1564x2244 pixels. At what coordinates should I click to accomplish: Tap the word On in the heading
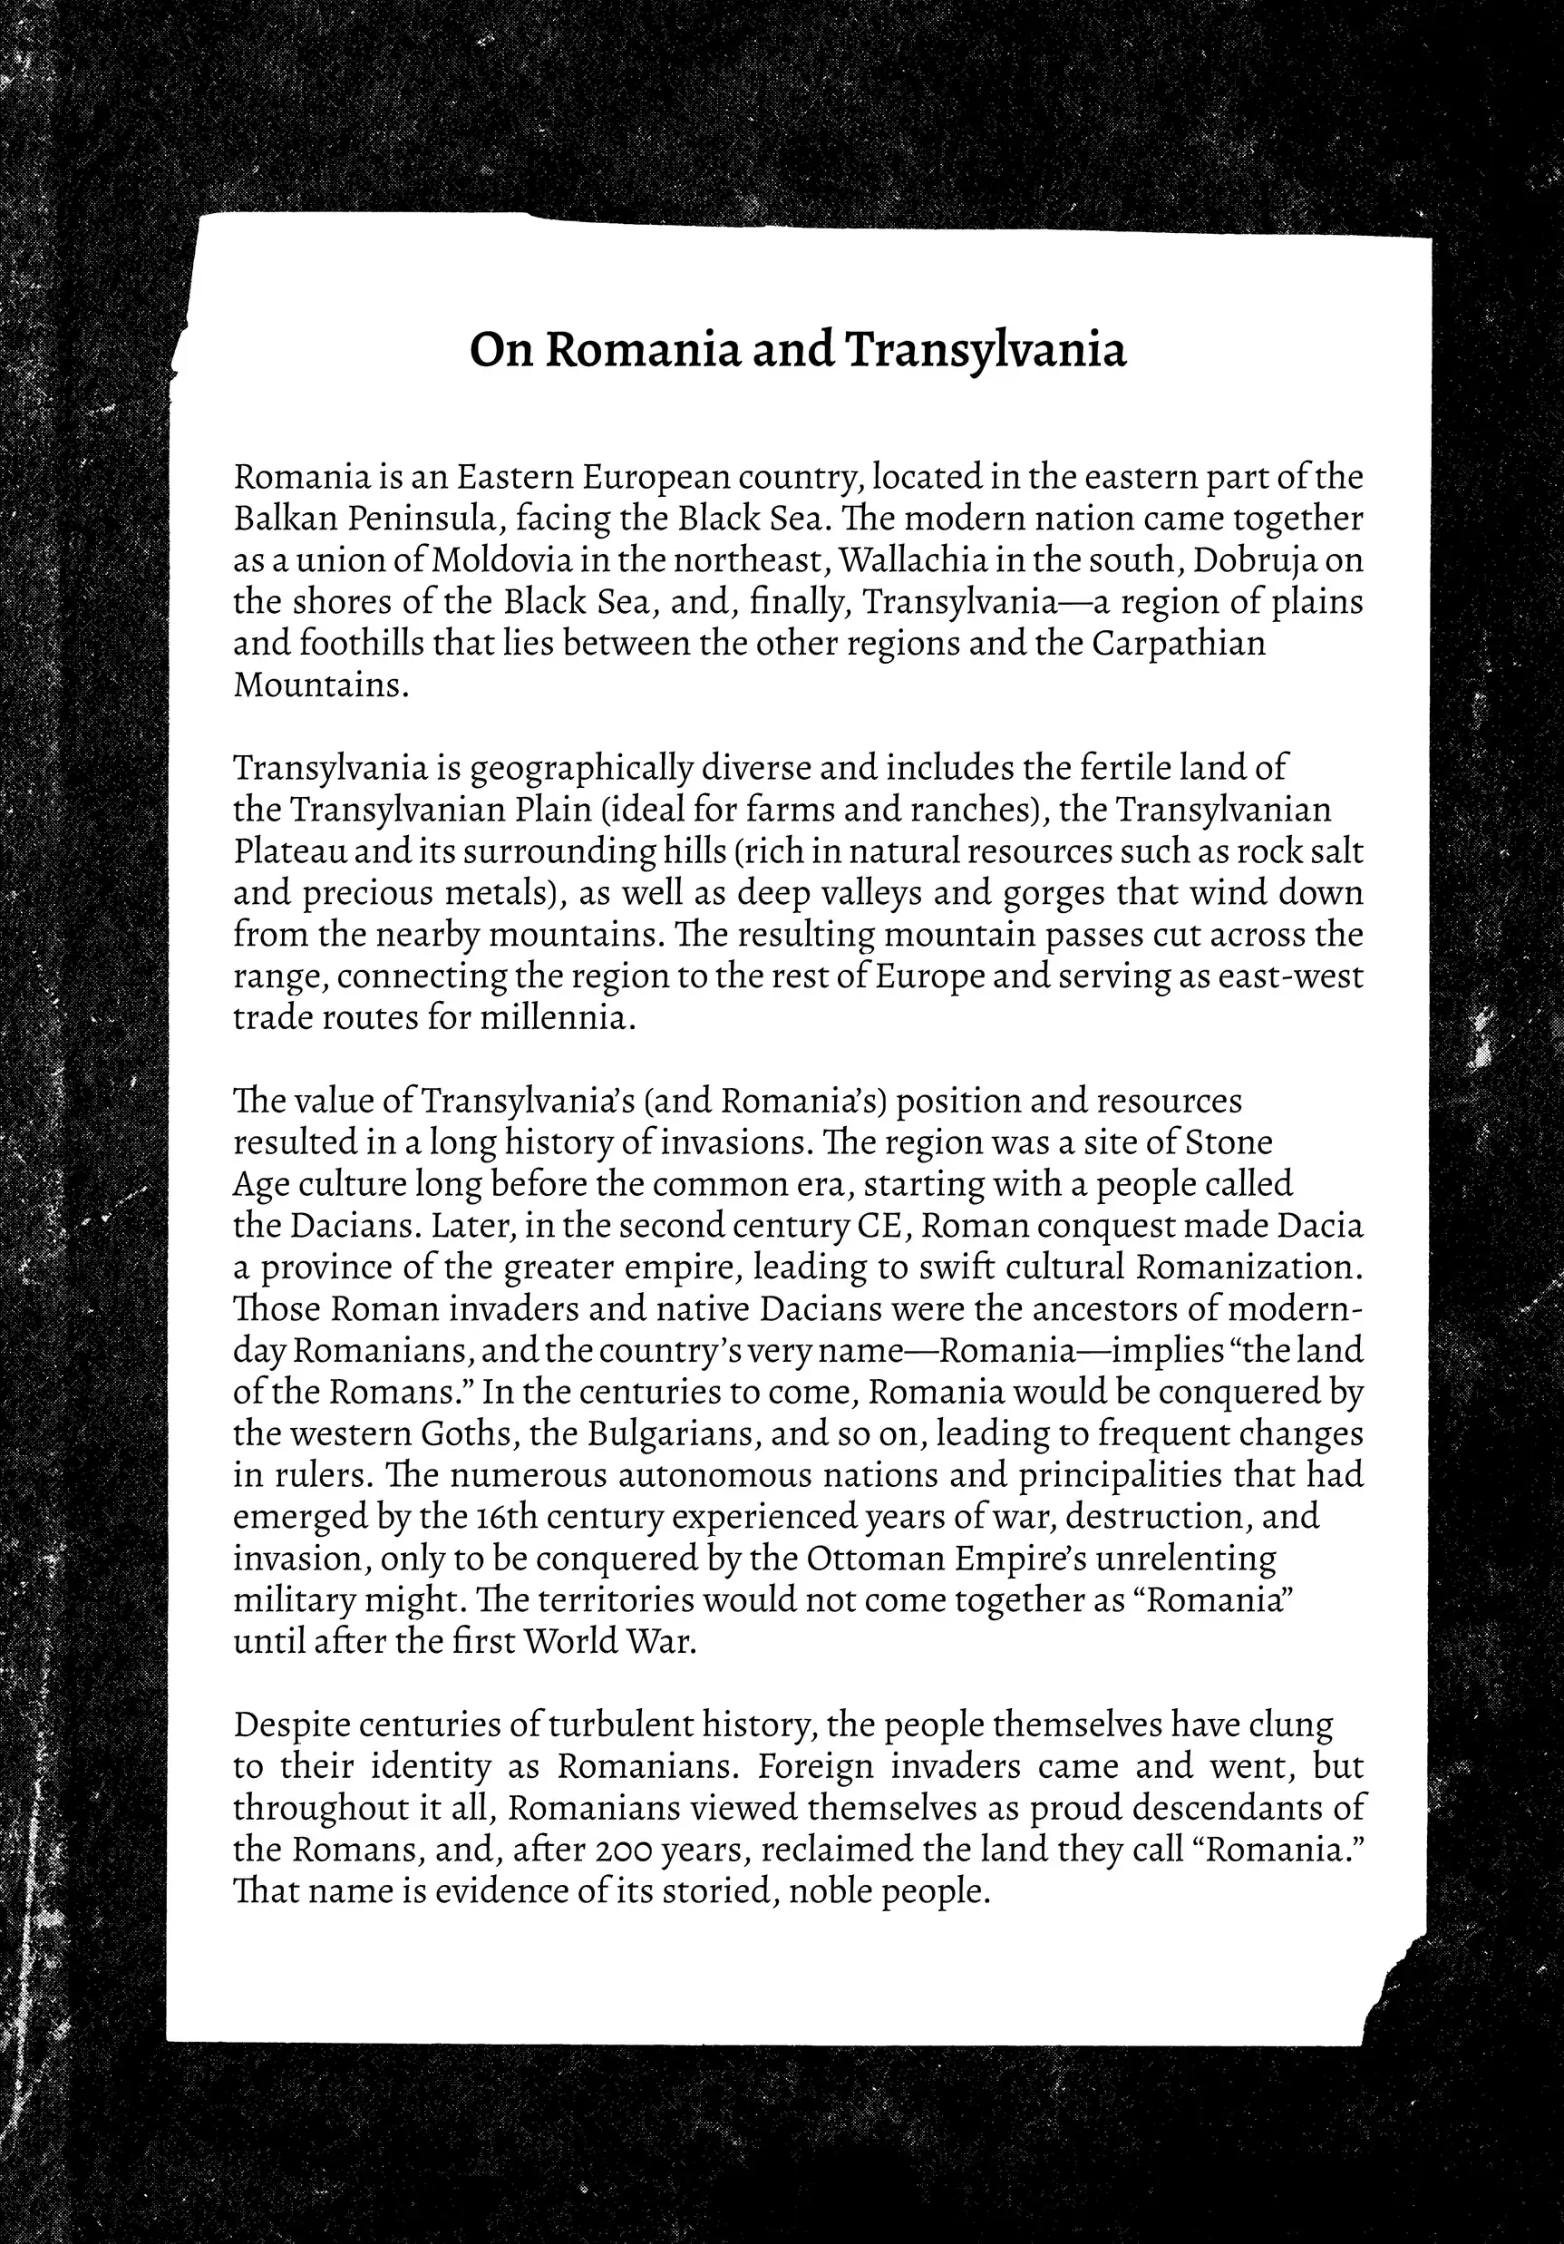[500, 350]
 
